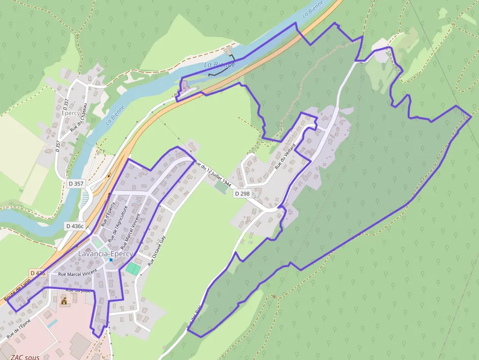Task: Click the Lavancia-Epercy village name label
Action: [x=106, y=254]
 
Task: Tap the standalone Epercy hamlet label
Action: [x=71, y=113]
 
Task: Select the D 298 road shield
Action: [x=242, y=193]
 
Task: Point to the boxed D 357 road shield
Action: [x=76, y=183]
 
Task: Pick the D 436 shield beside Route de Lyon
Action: [x=38, y=273]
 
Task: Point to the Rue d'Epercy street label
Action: [x=108, y=213]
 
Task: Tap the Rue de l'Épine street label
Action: [x=19, y=329]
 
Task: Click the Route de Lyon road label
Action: [x=17, y=290]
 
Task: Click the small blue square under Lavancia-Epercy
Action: [x=111, y=260]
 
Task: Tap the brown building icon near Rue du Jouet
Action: [x=64, y=301]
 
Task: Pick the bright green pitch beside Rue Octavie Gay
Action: [x=132, y=268]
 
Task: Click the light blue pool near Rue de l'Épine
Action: [x=52, y=323]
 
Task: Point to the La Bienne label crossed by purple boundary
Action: [x=219, y=64]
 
